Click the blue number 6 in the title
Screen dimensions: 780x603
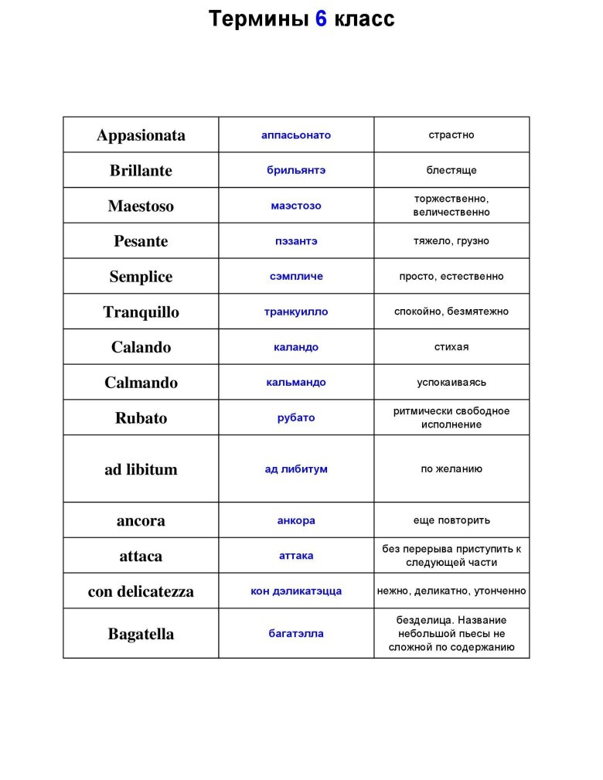pos(321,19)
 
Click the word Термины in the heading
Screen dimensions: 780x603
pos(258,19)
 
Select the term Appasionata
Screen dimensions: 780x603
pos(141,135)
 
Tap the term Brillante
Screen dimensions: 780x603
pos(141,171)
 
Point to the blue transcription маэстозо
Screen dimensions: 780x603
pos(296,206)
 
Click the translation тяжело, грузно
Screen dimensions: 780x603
pos(451,241)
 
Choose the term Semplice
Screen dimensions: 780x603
pos(141,277)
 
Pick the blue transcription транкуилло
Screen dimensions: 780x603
pos(296,312)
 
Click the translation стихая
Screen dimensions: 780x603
pos(451,347)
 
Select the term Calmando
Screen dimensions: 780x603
pos(141,383)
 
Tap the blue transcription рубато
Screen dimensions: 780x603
pos(296,418)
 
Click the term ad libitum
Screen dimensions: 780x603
pos(141,469)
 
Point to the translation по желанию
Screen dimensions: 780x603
pos(451,469)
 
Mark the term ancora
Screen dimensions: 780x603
pos(141,521)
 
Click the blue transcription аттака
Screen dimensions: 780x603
pos(296,556)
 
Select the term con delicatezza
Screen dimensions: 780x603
pos(141,592)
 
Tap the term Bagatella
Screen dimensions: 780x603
pos(141,635)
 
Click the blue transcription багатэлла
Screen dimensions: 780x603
pos(296,634)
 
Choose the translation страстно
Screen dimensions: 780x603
pos(451,135)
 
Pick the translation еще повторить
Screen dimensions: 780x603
pos(451,520)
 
